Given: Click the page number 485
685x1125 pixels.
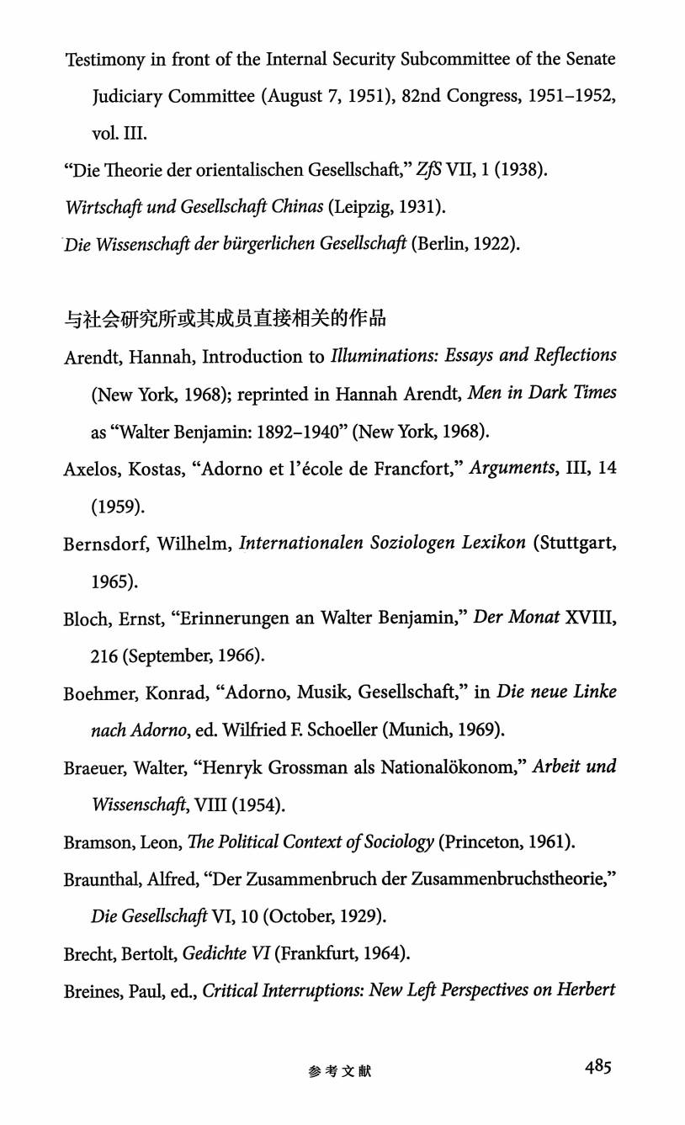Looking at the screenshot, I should tap(598, 1068).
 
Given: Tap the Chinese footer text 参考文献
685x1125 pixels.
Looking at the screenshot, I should tap(340, 1071).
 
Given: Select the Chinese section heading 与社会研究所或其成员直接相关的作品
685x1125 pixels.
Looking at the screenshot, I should tap(225, 319).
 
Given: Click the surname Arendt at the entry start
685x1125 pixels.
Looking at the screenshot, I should tap(92, 357).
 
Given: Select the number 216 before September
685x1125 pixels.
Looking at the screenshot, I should tap(104, 655).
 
